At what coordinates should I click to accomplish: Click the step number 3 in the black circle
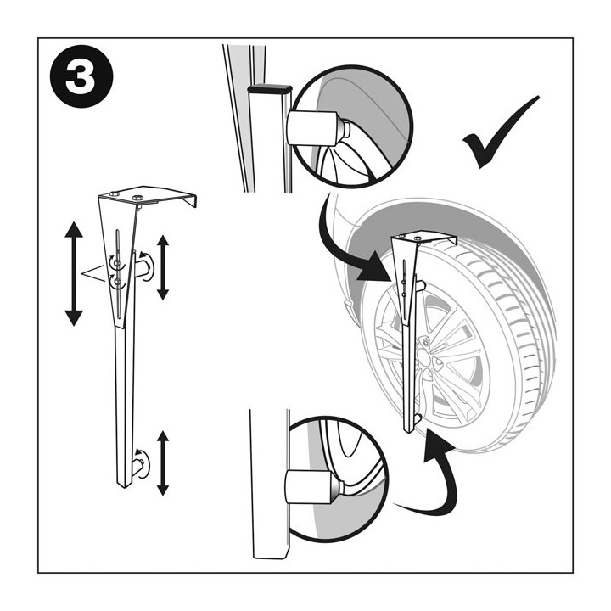tap(81, 76)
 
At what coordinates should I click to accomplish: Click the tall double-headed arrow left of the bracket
tap(74, 273)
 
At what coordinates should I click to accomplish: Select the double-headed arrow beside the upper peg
tap(163, 267)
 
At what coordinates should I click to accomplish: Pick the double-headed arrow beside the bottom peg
tap(163, 463)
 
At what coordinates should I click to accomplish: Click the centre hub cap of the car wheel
tap(423, 356)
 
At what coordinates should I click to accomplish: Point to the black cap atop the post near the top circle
tap(270, 89)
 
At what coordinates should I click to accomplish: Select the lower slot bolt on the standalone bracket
tap(118, 280)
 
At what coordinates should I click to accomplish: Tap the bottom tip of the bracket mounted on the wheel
tap(408, 432)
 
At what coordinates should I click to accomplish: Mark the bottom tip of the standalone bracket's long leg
tap(125, 487)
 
